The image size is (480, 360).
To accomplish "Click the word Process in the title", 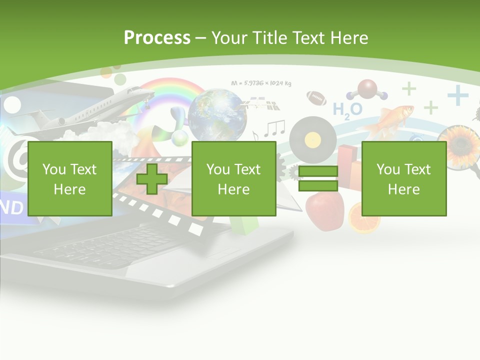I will [x=157, y=38].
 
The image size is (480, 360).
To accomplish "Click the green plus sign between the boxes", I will [x=152, y=178].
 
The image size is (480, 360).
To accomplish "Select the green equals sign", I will [x=318, y=178].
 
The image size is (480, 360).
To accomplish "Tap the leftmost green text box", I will [x=69, y=178].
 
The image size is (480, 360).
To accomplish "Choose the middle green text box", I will [x=233, y=178].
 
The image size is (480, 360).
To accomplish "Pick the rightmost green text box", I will [x=403, y=178].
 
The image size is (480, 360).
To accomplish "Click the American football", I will [x=316, y=97].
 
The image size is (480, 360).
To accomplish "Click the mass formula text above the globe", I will [x=261, y=83].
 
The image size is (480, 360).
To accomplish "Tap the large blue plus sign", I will [x=457, y=95].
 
